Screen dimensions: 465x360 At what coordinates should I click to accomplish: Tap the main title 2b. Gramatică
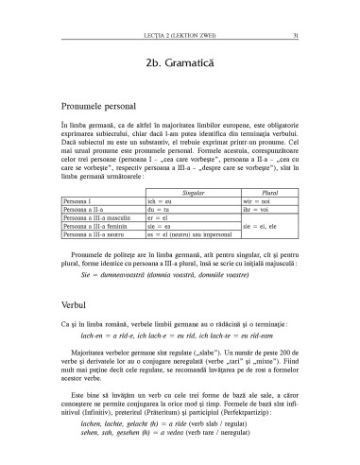tap(180, 62)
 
